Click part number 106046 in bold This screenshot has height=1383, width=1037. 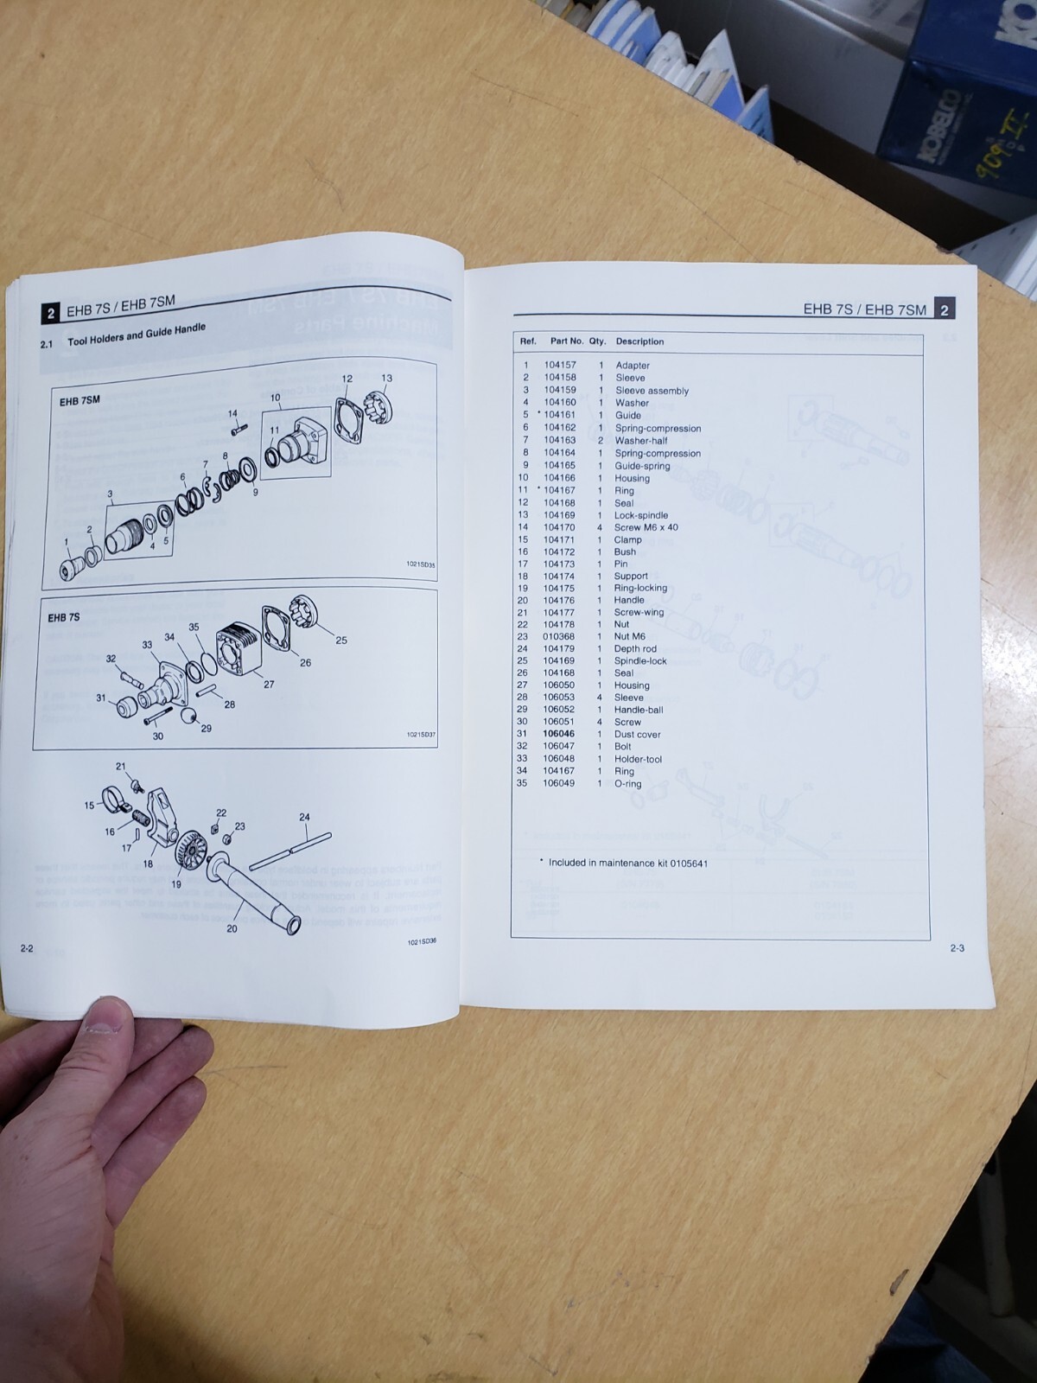tap(558, 734)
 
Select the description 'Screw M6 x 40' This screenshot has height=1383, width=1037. tap(646, 527)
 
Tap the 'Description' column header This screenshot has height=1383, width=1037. tap(639, 341)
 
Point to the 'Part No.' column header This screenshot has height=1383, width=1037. tap(567, 341)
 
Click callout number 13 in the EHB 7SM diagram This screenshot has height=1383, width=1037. tap(386, 378)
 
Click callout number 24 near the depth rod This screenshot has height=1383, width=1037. tap(304, 817)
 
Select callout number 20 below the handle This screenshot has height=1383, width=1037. tap(232, 928)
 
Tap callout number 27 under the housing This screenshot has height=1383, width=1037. tap(269, 684)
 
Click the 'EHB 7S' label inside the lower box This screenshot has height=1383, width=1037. tap(64, 617)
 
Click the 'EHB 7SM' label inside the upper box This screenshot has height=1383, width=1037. tap(80, 401)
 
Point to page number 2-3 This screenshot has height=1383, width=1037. tap(957, 948)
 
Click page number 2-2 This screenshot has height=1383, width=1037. tap(27, 948)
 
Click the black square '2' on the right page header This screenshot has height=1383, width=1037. tap(945, 309)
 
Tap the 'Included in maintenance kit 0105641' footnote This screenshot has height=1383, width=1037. tap(627, 863)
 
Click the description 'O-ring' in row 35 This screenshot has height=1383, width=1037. tap(627, 784)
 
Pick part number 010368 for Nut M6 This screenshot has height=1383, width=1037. tap(558, 636)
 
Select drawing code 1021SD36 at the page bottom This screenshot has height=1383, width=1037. tap(421, 942)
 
